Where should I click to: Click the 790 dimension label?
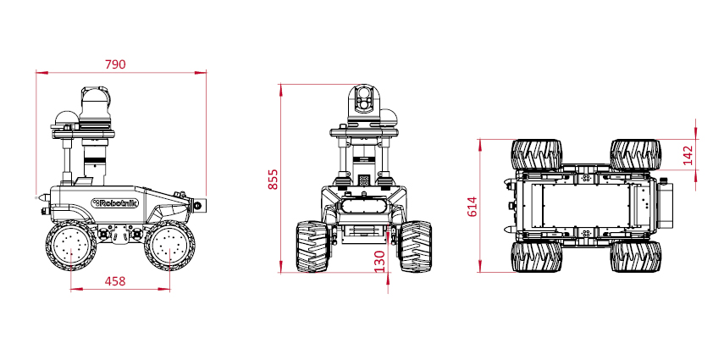coord(115,64)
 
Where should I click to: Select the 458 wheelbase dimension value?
coord(115,281)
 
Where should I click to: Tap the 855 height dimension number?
coord(273,180)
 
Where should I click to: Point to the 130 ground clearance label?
coord(379,262)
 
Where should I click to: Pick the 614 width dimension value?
coord(473,207)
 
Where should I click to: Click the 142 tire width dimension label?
coord(688,155)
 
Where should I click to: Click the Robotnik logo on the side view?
coord(114,203)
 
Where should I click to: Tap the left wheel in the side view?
coord(70,246)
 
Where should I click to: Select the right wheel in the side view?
coord(169,246)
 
